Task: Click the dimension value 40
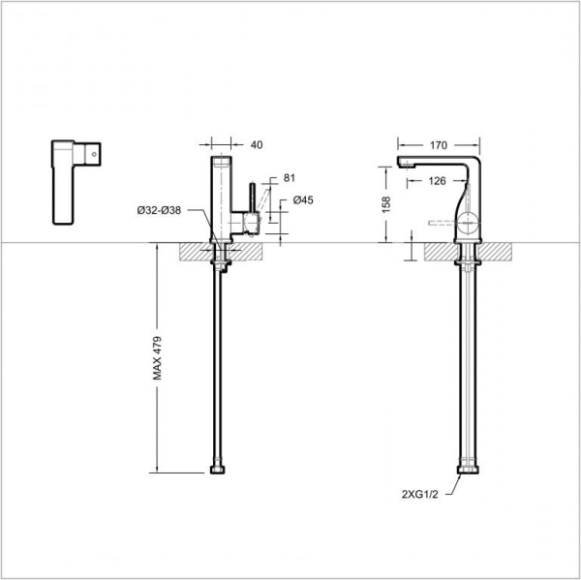[257, 145]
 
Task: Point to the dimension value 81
[289, 178]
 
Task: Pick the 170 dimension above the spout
[438, 145]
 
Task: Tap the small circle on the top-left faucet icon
[94, 152]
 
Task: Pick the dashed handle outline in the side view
[441, 224]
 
